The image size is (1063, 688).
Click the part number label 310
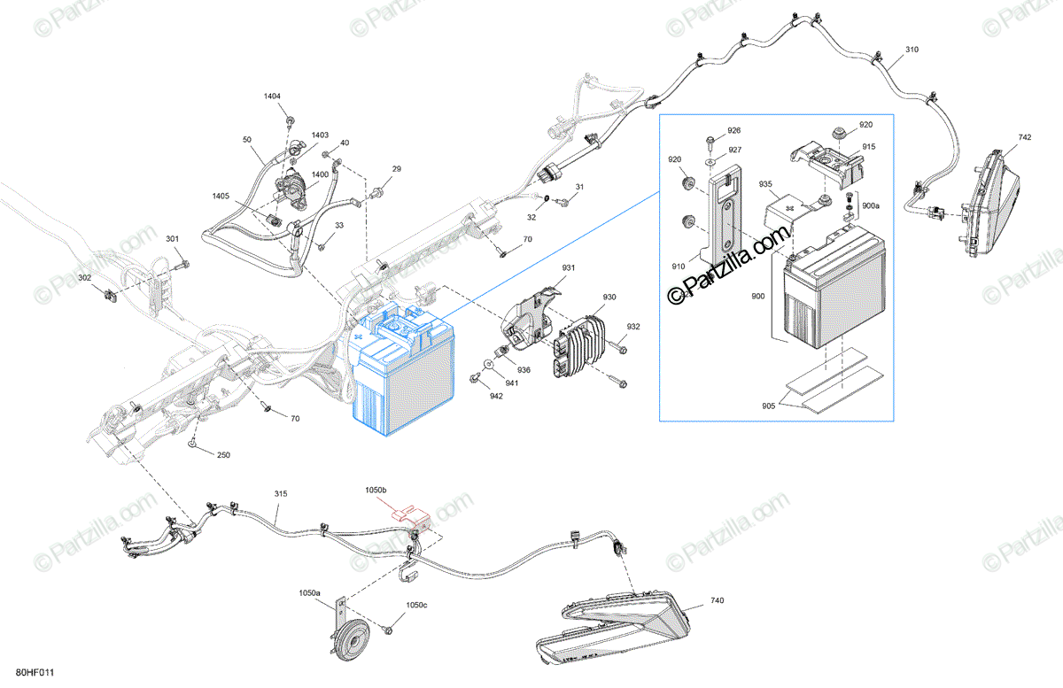click(912, 50)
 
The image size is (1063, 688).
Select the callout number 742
click(1025, 137)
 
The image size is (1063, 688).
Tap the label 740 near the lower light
click(717, 601)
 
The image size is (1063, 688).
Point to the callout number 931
click(568, 268)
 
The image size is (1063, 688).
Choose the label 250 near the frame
click(223, 455)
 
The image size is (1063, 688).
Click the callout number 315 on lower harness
click(281, 492)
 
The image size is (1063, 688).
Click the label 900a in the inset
click(871, 205)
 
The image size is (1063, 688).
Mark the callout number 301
click(172, 238)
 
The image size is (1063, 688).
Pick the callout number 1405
click(221, 196)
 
